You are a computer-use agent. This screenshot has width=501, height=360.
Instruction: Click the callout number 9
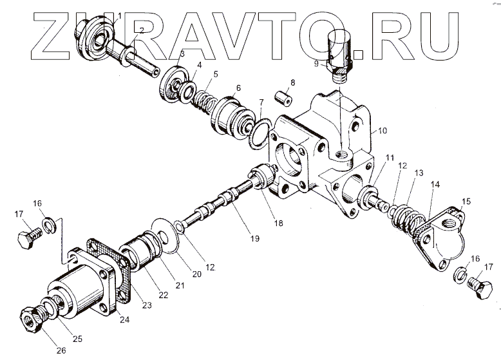tap(317, 64)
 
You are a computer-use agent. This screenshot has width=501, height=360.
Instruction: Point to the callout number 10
tap(382, 131)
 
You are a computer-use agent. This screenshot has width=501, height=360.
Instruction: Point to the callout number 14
tap(436, 185)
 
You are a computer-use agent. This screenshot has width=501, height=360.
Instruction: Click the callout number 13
tap(419, 173)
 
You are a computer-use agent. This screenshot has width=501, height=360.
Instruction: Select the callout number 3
tap(182, 54)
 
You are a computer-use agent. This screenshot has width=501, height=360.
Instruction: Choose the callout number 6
tap(238, 88)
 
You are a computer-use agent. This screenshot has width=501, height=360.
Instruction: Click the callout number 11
tap(390, 158)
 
